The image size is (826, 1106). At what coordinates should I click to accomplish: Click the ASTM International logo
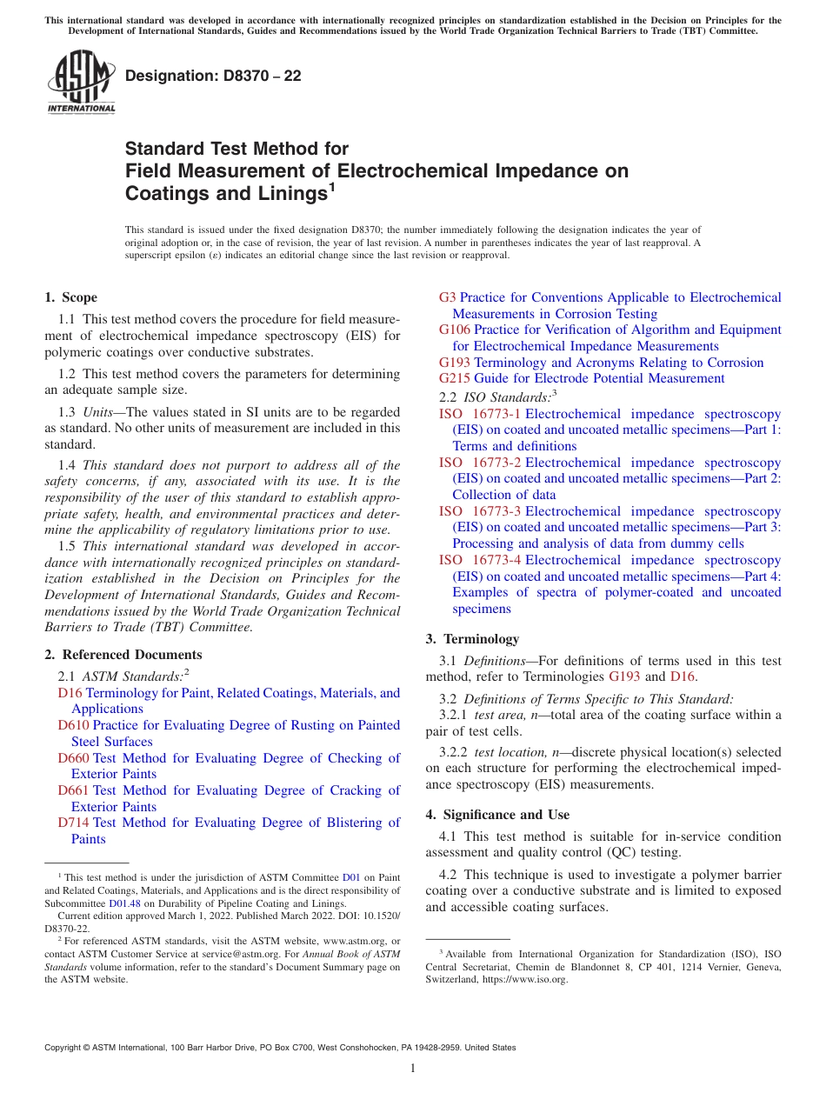80,82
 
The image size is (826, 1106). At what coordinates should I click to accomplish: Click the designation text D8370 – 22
213,76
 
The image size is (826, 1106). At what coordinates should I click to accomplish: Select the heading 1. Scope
71,297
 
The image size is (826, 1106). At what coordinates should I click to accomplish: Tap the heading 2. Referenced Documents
123,655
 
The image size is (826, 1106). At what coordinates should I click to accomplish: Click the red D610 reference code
74,725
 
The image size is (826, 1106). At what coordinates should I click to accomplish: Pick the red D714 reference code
74,823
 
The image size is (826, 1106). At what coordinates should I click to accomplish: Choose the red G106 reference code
455,330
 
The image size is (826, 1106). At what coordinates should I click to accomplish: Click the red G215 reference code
455,378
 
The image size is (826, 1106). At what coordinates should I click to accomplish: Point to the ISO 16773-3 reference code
480,511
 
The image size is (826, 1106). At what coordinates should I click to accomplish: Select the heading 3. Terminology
472,639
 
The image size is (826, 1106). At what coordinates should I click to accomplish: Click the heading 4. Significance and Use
497,815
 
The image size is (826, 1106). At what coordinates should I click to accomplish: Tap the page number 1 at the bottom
413,1068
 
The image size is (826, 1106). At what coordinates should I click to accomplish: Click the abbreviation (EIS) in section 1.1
354,335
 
